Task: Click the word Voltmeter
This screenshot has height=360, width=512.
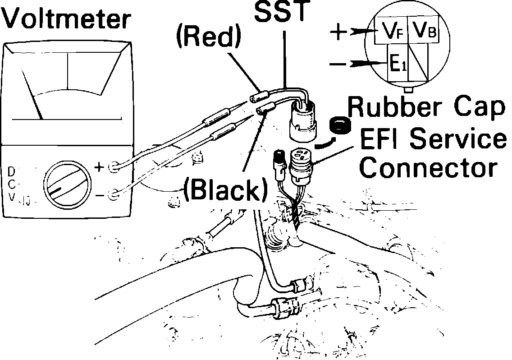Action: coord(67,20)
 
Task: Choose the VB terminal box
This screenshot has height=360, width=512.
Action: coord(424,31)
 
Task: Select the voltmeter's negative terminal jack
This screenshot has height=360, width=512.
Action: coord(114,194)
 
